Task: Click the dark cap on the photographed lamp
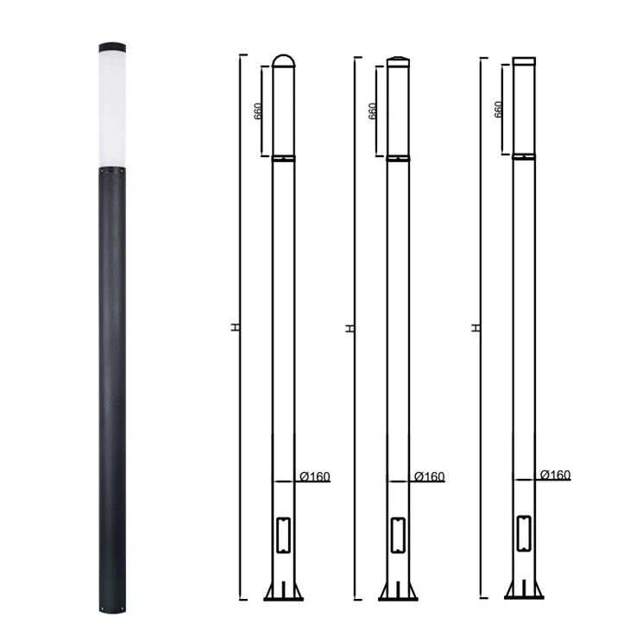pos(112,47)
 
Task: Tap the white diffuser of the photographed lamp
pos(112,110)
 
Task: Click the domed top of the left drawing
pos(284,60)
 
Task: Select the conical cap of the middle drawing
pos(398,61)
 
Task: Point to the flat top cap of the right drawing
pos(524,60)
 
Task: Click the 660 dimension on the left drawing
pos(258,111)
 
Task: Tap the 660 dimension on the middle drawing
pos(372,111)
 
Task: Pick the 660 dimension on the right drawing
pos(498,110)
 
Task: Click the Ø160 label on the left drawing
pos(315,476)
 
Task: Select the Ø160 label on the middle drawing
pos(430,476)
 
